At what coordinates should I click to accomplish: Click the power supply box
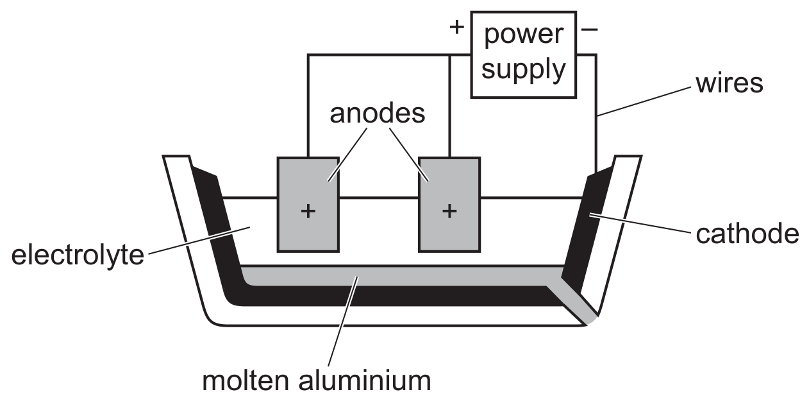click(523, 55)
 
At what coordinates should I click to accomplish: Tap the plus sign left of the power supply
click(456, 28)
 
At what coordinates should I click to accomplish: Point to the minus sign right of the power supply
click(589, 30)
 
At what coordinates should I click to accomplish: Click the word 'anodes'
click(378, 114)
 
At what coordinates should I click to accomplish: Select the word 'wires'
click(729, 84)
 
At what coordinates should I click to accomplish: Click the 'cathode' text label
click(747, 234)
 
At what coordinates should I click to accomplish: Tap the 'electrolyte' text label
click(78, 255)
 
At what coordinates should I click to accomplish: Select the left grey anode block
click(308, 205)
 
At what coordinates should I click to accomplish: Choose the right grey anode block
click(449, 205)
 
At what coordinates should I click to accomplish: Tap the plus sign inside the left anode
click(308, 211)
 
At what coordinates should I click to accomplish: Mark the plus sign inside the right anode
click(449, 211)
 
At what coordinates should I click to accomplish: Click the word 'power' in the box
click(523, 35)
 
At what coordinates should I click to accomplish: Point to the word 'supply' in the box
click(523, 69)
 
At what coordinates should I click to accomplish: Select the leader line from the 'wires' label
click(644, 101)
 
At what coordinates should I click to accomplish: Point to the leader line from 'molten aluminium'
click(343, 322)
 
